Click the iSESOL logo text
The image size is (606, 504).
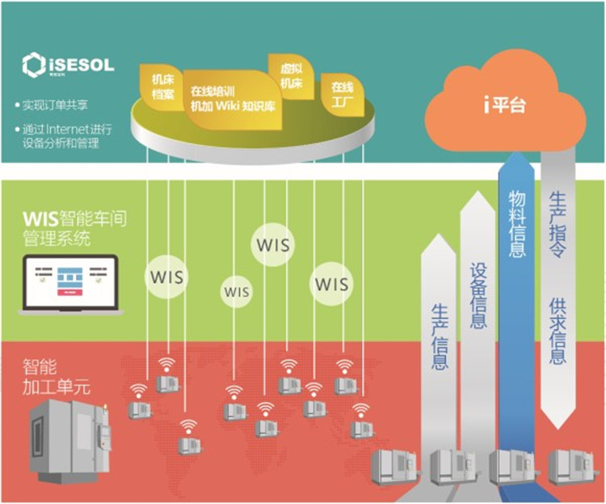coord(81,61)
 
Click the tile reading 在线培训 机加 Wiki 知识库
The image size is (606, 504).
coord(234,100)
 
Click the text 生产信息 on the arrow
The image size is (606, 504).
coord(440,337)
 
